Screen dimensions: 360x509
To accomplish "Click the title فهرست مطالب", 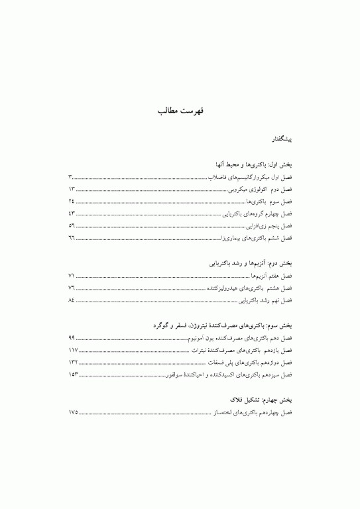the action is coord(180,109).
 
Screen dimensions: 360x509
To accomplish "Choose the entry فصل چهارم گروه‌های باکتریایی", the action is coord(256,213).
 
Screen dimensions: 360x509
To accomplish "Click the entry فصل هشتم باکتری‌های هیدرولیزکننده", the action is coord(245,288).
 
